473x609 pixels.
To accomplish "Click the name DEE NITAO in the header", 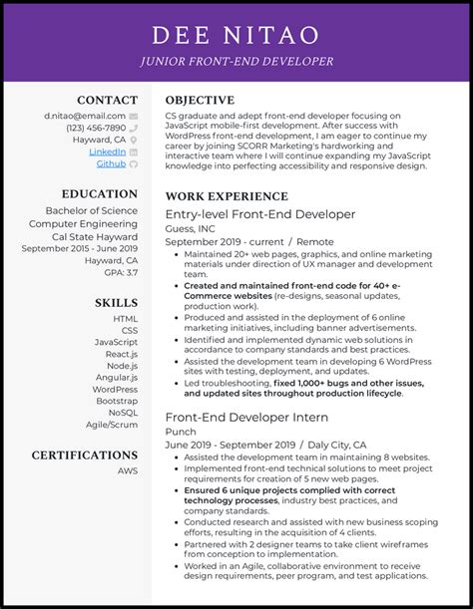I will click(236, 36).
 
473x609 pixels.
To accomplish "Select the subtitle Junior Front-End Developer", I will click(236, 62).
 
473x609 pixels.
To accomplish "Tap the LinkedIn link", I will click(108, 152).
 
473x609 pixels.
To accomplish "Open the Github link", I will click(111, 163).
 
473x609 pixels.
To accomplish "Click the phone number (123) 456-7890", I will click(97, 128).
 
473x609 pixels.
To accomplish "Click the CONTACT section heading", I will click(107, 100).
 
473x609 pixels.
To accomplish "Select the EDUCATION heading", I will click(99, 194).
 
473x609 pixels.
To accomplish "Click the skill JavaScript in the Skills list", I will click(117, 342).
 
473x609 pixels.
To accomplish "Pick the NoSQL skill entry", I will click(124, 412).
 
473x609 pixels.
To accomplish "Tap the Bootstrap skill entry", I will click(118, 400).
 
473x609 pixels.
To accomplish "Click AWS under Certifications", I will click(128, 470).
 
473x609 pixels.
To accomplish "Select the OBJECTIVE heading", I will click(200, 100).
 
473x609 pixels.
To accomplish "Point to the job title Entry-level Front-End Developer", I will click(259, 214).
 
